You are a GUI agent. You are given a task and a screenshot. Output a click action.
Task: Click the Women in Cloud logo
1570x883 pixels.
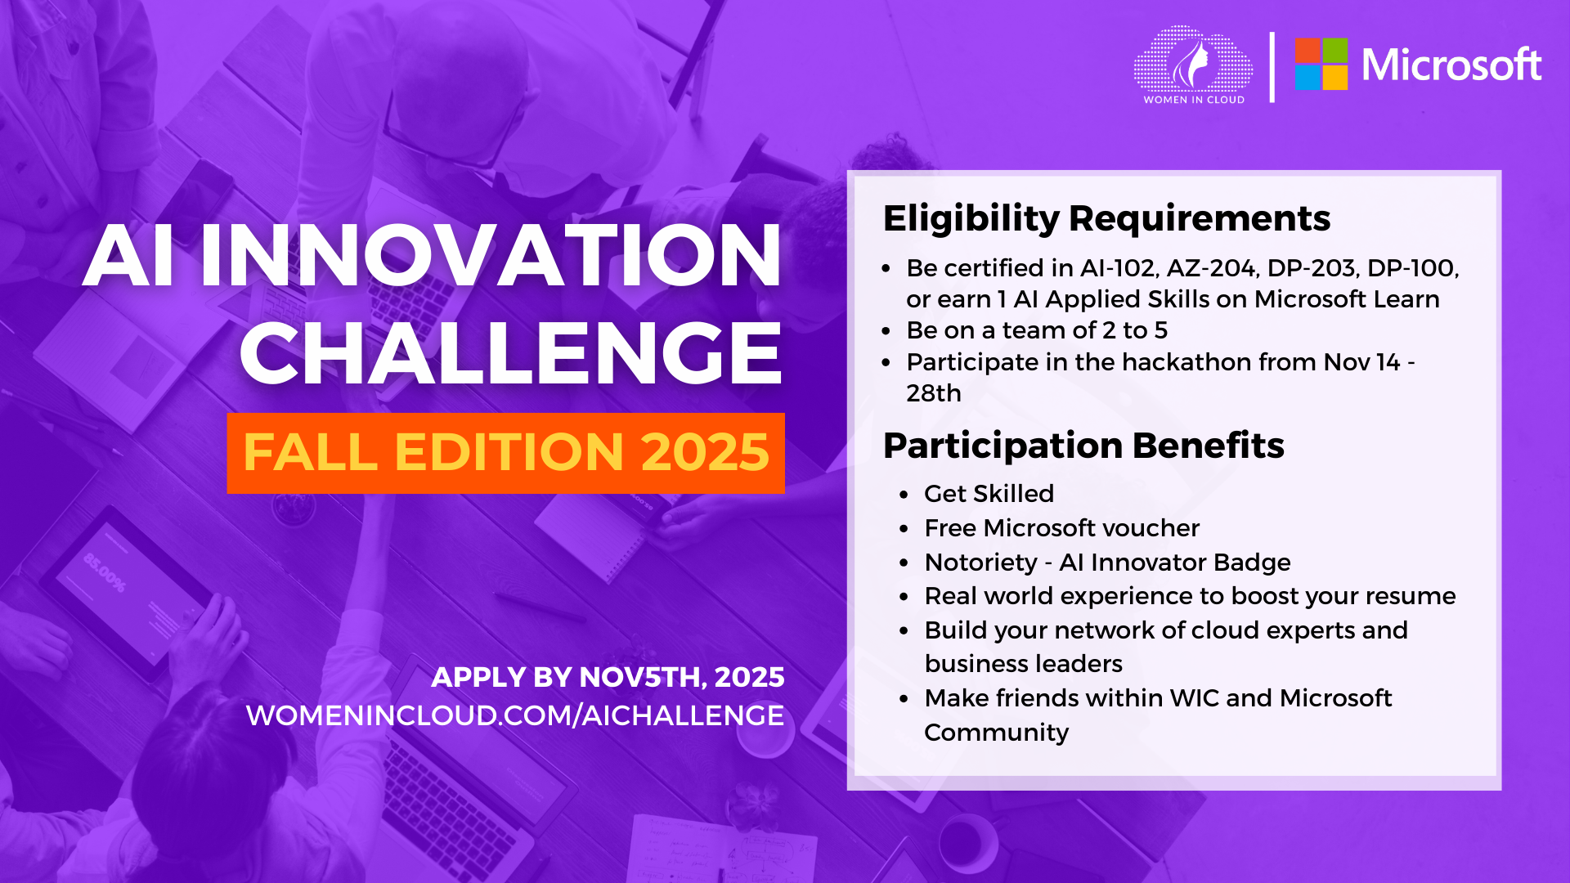click(x=1193, y=65)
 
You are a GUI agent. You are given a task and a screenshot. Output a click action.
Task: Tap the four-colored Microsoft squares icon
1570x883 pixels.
click(x=1321, y=64)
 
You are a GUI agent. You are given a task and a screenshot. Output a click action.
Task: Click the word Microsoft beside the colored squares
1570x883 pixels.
click(x=1451, y=65)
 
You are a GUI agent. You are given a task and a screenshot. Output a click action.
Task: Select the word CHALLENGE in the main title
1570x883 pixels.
click(x=511, y=352)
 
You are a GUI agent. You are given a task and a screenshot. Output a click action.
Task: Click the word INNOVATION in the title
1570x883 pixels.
click(x=491, y=255)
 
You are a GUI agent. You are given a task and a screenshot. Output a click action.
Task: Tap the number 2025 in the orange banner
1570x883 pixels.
click(x=705, y=452)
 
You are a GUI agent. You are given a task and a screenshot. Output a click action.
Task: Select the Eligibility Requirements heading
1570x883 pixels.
click(x=1106, y=218)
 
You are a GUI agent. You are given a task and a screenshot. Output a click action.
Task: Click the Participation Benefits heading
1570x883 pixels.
click(x=1083, y=446)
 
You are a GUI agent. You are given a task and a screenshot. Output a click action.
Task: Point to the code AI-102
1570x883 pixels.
click(x=1118, y=268)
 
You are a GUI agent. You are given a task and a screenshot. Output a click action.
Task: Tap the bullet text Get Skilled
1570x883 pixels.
click(x=989, y=494)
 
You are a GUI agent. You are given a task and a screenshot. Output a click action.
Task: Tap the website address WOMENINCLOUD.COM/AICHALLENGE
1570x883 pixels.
click(x=515, y=715)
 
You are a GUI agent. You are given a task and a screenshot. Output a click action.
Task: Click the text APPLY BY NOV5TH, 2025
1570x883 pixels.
click(x=608, y=677)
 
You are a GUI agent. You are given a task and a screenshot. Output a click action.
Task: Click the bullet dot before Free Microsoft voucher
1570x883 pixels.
click(x=904, y=529)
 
